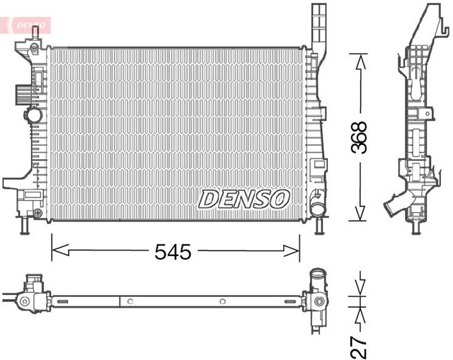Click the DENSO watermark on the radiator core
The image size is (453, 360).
(243, 199)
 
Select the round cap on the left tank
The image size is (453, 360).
(32, 115)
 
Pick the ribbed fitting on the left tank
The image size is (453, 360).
(19, 91)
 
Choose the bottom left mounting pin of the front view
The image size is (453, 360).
(25, 226)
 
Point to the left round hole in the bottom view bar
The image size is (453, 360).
(130, 302)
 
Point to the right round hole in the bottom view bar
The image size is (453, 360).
(222, 302)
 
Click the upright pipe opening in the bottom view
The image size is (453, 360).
(316, 277)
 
